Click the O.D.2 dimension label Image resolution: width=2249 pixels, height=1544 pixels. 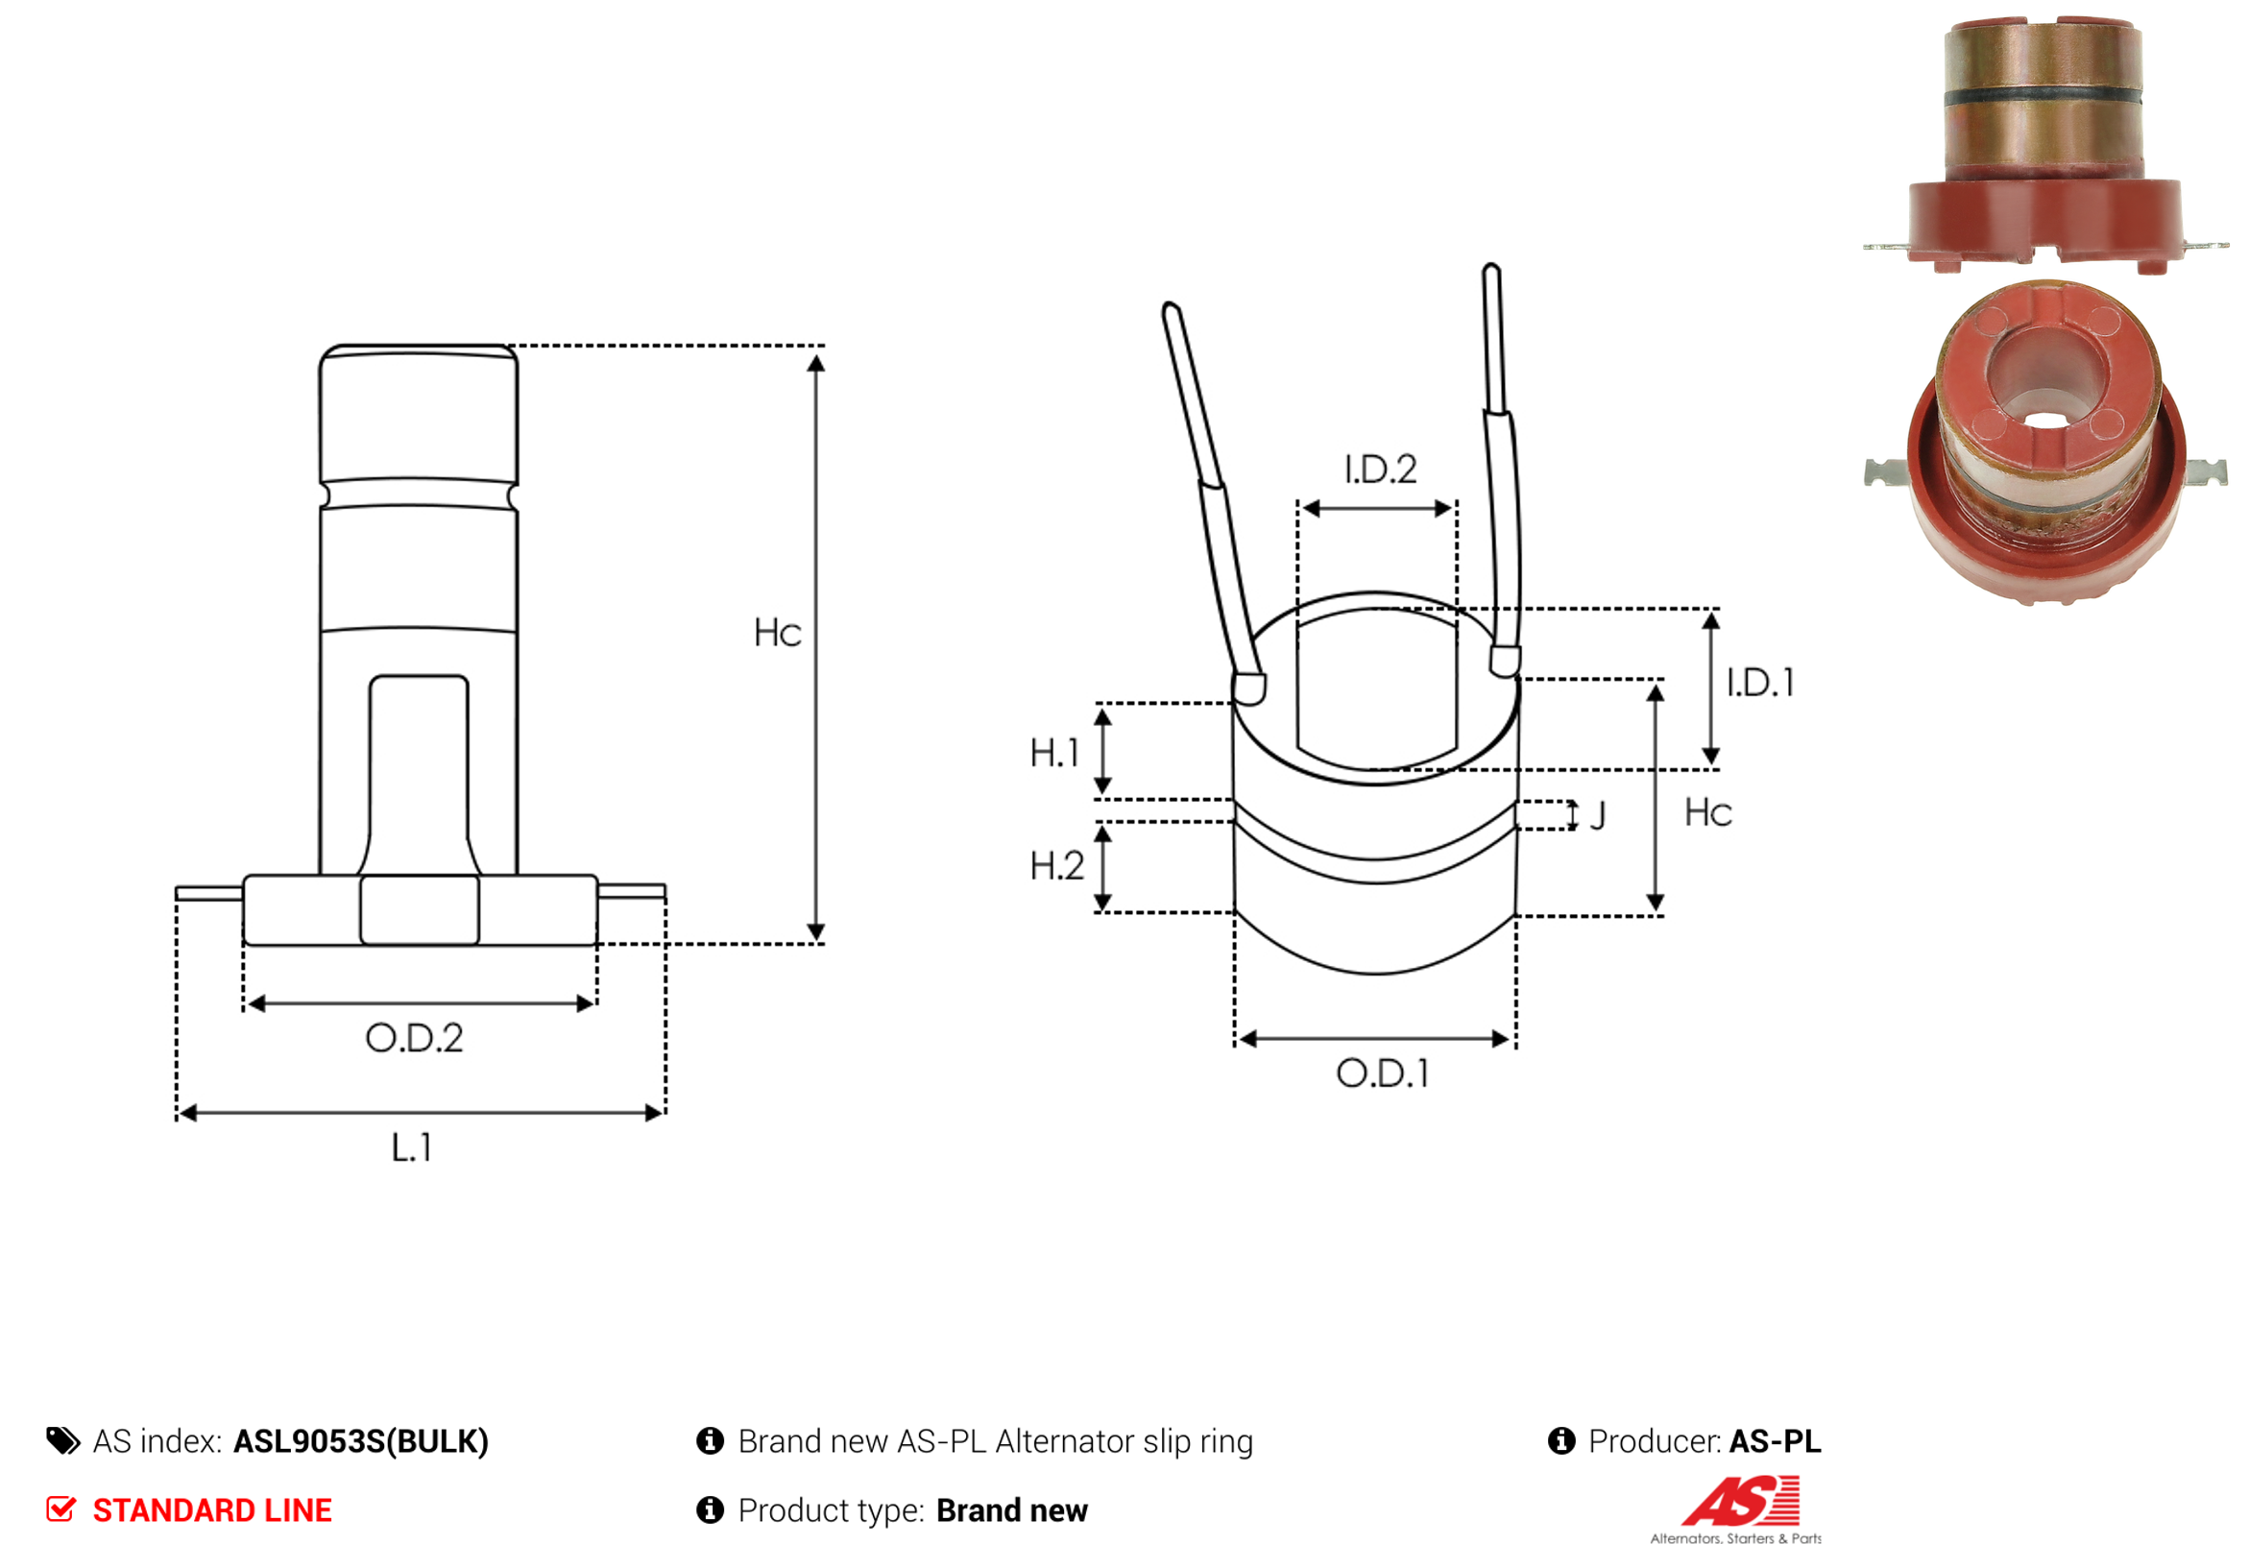pyautogui.click(x=414, y=1038)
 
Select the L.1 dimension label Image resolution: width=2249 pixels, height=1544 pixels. pyautogui.click(x=411, y=1147)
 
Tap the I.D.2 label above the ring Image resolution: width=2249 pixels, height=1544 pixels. pyautogui.click(x=1380, y=470)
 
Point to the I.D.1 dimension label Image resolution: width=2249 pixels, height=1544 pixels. pyautogui.click(x=1760, y=683)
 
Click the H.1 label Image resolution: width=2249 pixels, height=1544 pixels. pyautogui.click(x=1053, y=753)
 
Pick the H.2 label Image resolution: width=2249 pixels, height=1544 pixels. pyautogui.click(x=1056, y=866)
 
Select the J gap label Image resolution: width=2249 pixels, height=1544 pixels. pyautogui.click(x=1598, y=815)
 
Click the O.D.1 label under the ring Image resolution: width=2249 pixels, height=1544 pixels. pyautogui.click(x=1382, y=1073)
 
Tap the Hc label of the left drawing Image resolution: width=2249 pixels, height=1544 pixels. pyautogui.click(x=777, y=633)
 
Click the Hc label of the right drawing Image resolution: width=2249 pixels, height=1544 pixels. pyautogui.click(x=1708, y=812)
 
